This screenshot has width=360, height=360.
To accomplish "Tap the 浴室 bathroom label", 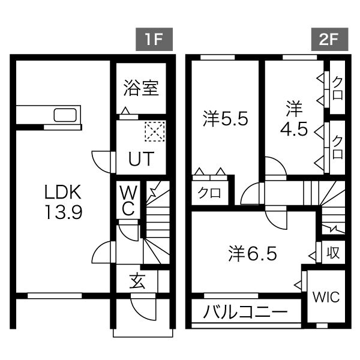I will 141,88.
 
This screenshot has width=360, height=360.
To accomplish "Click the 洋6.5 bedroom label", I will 252,254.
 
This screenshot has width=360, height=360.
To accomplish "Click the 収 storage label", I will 333,253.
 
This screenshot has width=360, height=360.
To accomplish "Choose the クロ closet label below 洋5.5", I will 209,193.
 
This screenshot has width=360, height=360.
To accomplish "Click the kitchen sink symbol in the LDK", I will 65,115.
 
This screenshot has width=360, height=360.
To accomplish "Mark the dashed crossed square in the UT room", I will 154,131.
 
